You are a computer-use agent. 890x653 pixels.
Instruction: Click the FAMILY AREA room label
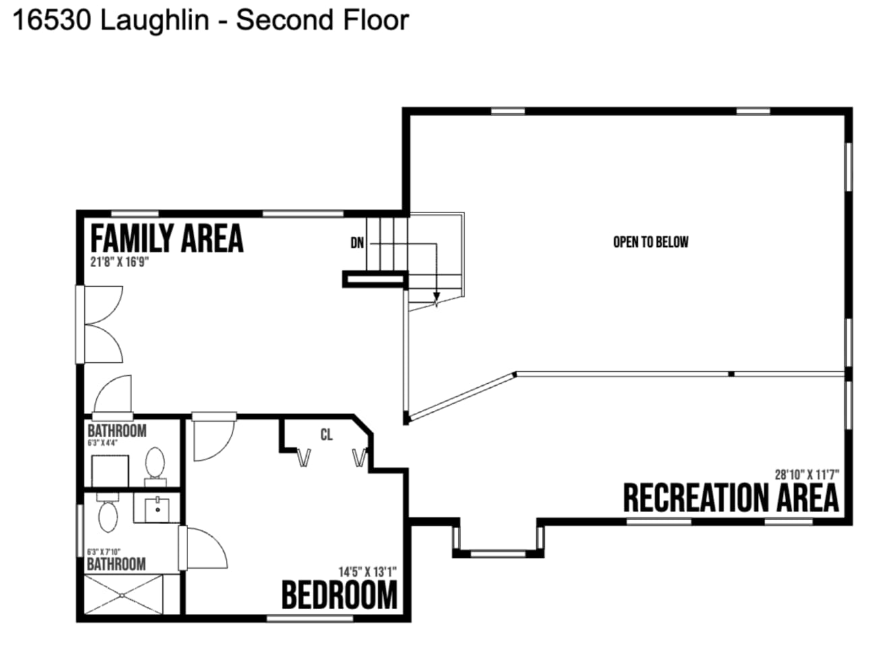167,238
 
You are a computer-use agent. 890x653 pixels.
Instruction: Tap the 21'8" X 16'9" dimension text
119,262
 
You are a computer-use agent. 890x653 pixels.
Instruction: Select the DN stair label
357,243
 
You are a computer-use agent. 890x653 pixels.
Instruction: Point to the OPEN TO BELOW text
651,242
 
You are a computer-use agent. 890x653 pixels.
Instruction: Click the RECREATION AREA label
731,498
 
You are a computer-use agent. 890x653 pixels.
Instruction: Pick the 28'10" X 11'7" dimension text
807,474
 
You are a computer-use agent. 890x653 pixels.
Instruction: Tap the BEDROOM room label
339,594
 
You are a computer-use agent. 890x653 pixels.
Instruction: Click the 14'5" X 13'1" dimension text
367,572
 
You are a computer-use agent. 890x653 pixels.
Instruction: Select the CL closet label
326,435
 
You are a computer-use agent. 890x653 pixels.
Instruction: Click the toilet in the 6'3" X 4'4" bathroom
155,467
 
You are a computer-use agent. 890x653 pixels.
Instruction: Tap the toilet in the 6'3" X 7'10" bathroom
108,512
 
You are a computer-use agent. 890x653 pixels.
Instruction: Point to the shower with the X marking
123,595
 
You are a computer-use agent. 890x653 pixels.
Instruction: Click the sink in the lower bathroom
157,509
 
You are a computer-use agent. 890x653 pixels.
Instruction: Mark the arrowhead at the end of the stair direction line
437,297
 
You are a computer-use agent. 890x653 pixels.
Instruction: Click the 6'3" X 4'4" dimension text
102,443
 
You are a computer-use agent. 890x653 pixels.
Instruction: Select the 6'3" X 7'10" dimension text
104,552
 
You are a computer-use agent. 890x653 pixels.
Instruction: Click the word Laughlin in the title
155,21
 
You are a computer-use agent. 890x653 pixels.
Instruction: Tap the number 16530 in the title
52,21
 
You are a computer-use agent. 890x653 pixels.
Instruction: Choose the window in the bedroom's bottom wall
309,619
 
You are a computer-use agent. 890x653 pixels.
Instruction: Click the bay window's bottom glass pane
498,554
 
